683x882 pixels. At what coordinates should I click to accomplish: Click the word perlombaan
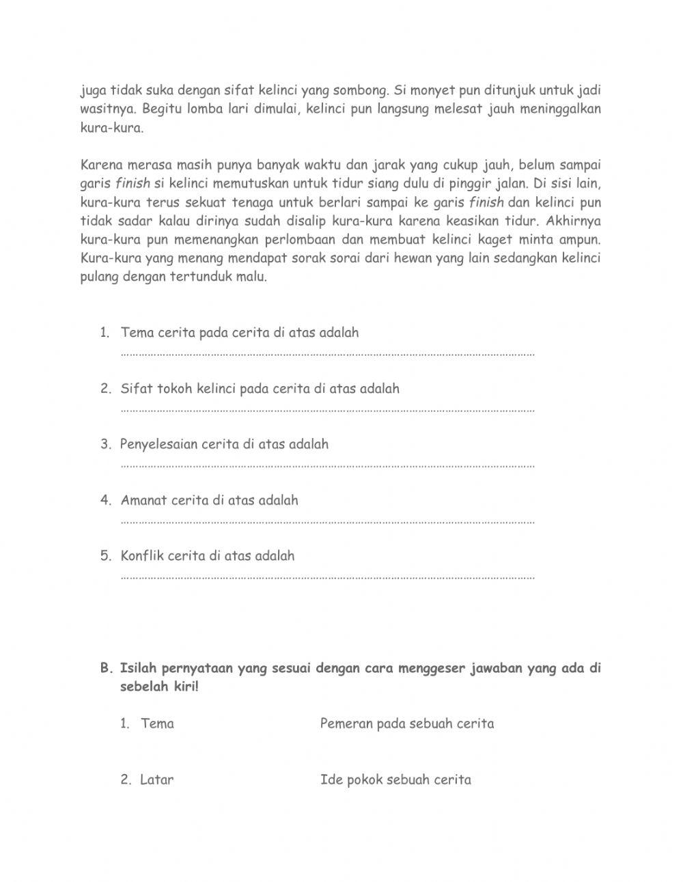(309, 240)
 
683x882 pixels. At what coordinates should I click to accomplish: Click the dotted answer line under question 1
(328, 355)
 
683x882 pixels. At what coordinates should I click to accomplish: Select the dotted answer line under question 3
(328, 466)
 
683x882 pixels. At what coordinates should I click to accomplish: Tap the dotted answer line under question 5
(328, 577)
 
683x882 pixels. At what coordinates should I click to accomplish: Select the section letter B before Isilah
(105, 668)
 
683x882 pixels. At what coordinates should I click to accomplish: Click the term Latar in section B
(157, 780)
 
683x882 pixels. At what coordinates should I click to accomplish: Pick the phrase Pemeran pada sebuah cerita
(407, 723)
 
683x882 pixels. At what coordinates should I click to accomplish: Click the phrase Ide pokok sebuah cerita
(395, 780)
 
